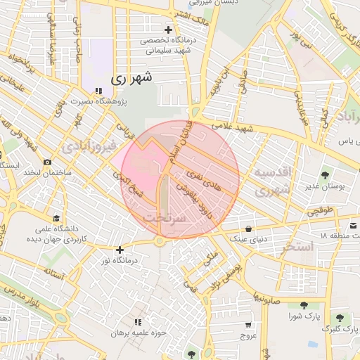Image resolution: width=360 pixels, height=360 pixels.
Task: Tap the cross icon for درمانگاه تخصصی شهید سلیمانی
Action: coord(168,30)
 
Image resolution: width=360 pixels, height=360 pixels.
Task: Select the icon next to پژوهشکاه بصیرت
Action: coord(98,91)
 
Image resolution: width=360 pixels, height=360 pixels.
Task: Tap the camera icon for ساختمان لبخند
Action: coord(47,162)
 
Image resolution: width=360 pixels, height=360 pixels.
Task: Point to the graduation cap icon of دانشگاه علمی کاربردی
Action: coord(56,218)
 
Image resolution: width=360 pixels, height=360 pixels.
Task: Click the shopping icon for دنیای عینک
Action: coord(250,229)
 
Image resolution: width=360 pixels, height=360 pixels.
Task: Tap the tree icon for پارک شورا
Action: coord(303,305)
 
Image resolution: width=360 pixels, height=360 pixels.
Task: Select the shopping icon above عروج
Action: coord(247,325)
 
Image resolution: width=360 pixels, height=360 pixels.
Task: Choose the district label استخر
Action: coord(297,247)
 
